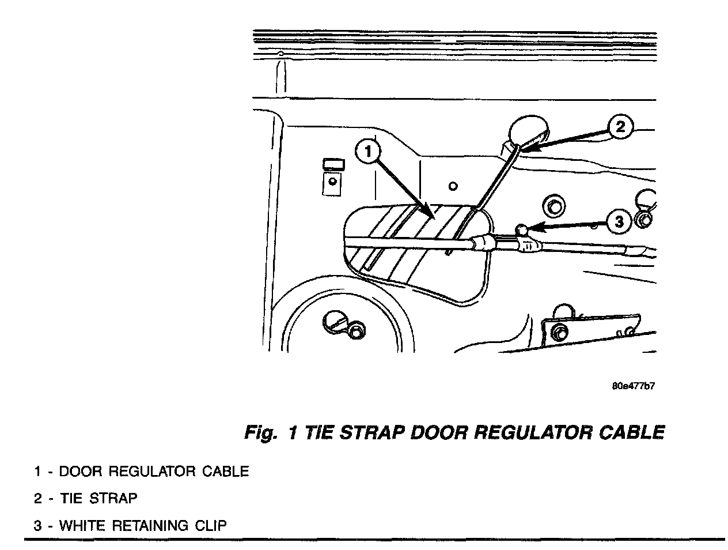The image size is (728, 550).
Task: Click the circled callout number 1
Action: tap(369, 152)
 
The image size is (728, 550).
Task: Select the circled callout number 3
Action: tap(619, 221)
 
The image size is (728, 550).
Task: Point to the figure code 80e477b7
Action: tap(633, 386)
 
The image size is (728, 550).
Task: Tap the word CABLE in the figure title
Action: tap(633, 432)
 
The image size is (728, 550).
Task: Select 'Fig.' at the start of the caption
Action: tap(260, 432)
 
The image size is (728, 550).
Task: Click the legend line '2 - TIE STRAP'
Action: tap(85, 498)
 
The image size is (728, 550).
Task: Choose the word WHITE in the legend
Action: tap(84, 526)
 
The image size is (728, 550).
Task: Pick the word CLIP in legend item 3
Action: tap(211, 526)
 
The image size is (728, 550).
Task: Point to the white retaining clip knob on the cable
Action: tap(522, 230)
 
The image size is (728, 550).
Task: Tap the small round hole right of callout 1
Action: tap(453, 186)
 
